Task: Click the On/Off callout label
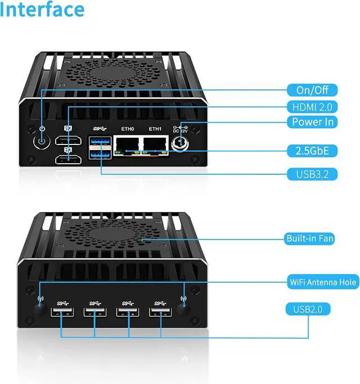coord(312,90)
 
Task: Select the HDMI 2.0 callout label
coord(312,106)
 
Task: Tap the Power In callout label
coord(313,122)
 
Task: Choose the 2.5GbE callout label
coord(312,150)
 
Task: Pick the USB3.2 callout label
coord(312,174)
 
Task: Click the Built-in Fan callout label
coord(310,239)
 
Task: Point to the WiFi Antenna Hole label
coord(323,282)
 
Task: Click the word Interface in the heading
coord(43,10)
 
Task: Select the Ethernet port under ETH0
coord(127,145)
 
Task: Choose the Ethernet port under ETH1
coord(155,145)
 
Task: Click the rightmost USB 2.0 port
coord(160,313)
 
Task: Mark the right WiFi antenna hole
coord(183,308)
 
